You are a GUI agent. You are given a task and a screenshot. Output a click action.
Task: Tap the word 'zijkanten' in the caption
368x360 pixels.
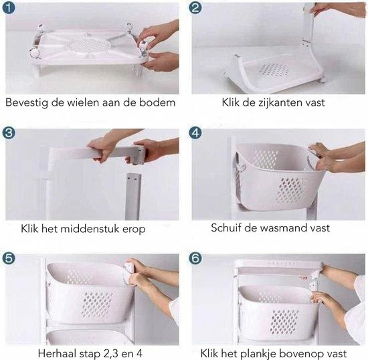click(279, 104)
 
